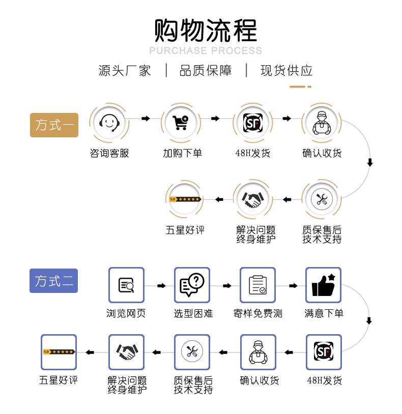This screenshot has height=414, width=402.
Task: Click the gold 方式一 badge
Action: point(54,125)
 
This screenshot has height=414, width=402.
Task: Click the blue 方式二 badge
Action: point(53,281)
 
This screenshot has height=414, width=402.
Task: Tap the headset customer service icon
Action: point(109,122)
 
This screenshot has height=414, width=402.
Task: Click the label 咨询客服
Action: point(109,153)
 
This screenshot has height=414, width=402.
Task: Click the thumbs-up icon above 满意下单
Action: point(323,285)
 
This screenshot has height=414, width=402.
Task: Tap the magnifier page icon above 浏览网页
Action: point(126,285)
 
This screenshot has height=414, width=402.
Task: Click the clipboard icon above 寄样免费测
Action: point(257,285)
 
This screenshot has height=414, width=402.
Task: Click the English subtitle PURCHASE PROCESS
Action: point(206,51)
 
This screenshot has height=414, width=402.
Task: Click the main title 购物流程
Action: point(206,30)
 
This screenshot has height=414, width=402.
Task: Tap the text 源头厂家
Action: point(125,71)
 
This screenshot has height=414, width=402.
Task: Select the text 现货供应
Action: point(286,71)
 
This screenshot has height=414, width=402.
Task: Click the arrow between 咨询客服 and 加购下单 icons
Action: point(146,119)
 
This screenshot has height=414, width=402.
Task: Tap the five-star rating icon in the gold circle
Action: point(185,199)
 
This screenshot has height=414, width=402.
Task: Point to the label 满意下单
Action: point(324,314)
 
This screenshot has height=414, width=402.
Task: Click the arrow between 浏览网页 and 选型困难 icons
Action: point(161,286)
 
